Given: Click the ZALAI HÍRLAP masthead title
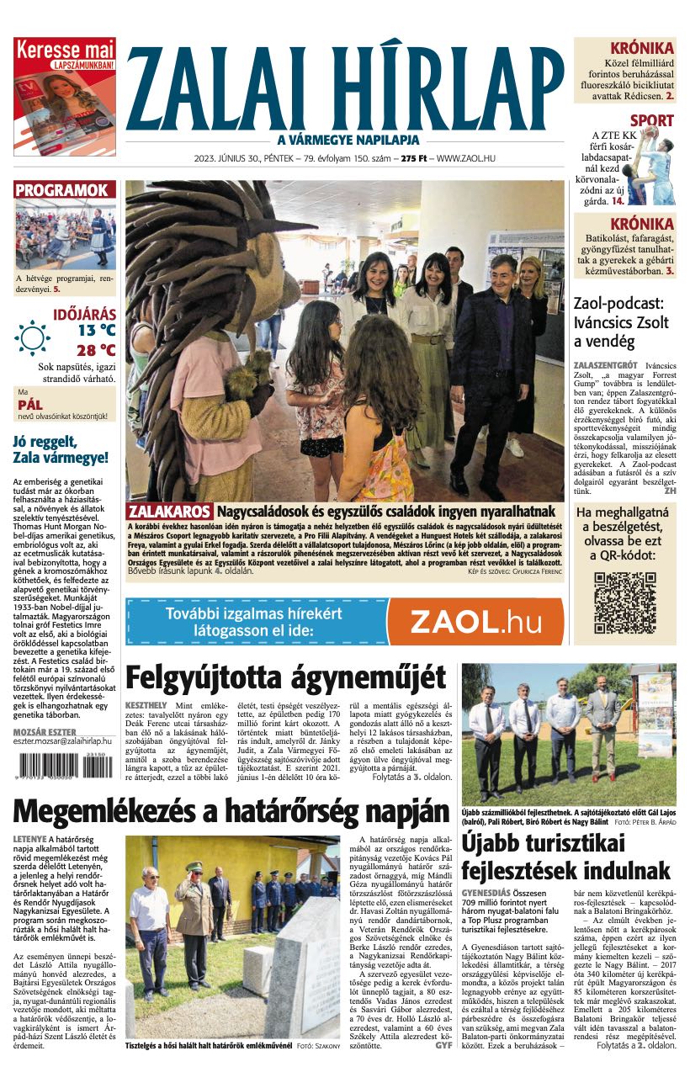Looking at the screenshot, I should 345,88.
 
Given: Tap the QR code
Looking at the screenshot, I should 624,602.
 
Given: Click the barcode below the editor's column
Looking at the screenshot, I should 61,767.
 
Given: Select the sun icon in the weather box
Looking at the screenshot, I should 33,337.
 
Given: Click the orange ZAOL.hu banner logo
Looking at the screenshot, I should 476,621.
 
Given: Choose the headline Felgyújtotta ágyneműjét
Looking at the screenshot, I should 285,677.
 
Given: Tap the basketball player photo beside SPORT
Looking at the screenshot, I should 653,165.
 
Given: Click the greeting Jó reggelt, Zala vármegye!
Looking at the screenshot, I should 61,449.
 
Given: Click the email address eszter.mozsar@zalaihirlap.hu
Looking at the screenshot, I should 64,744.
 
